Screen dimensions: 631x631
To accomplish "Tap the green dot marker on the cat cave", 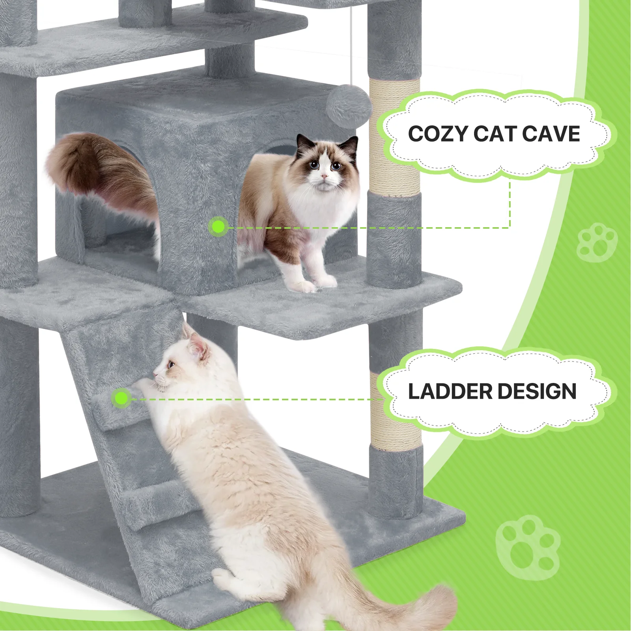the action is point(218,227).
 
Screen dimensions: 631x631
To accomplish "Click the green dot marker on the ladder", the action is point(121,398).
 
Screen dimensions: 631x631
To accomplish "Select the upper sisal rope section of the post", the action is point(394,136).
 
